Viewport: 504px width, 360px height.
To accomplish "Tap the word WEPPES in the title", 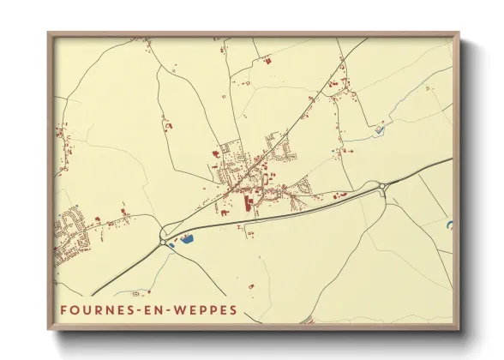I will click(204, 308).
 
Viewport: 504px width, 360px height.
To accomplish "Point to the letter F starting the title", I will click(63, 308).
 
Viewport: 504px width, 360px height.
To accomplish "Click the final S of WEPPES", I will click(234, 308).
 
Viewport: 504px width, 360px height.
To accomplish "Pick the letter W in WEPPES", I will click(177, 308).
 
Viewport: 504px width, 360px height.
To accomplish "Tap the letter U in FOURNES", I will click(87, 308).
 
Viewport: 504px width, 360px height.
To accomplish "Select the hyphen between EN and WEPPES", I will click(167, 308).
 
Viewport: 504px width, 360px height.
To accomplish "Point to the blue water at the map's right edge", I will click(449, 225).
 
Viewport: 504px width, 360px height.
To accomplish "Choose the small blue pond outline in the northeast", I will click(378, 130).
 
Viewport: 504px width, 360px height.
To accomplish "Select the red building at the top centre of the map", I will click(266, 61).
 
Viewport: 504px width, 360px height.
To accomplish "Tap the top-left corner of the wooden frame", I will click(49, 34).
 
